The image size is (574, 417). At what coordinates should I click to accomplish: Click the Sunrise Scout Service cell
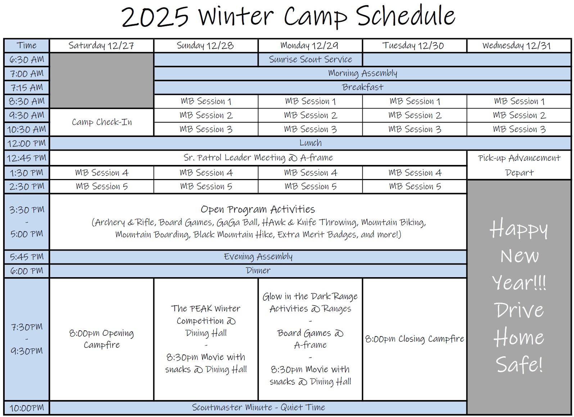(310, 59)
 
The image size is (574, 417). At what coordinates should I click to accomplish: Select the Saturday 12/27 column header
(101, 46)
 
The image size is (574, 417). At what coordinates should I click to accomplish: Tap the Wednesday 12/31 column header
(516, 46)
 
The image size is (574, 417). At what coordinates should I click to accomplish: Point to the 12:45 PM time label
(27, 158)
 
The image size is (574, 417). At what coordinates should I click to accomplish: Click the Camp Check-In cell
(102, 122)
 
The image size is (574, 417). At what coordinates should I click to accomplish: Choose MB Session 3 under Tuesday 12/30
(415, 129)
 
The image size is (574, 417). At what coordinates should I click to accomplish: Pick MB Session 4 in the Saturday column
(102, 173)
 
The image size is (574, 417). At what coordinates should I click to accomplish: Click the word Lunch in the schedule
(311, 143)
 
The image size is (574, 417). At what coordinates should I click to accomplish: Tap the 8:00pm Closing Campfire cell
(415, 339)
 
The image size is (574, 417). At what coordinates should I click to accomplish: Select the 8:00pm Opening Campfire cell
(101, 339)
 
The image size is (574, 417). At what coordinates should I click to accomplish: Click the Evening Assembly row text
(258, 257)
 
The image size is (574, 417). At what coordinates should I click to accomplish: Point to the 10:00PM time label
(27, 408)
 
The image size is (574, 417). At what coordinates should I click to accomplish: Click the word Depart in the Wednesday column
(519, 173)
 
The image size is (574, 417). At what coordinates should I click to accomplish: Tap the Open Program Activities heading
(258, 210)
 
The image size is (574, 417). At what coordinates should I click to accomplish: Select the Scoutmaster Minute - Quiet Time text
(258, 407)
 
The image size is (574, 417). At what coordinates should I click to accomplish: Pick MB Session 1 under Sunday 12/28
(206, 101)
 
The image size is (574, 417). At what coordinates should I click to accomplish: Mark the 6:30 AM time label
(27, 60)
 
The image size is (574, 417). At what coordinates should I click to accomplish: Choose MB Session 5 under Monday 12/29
(310, 187)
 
